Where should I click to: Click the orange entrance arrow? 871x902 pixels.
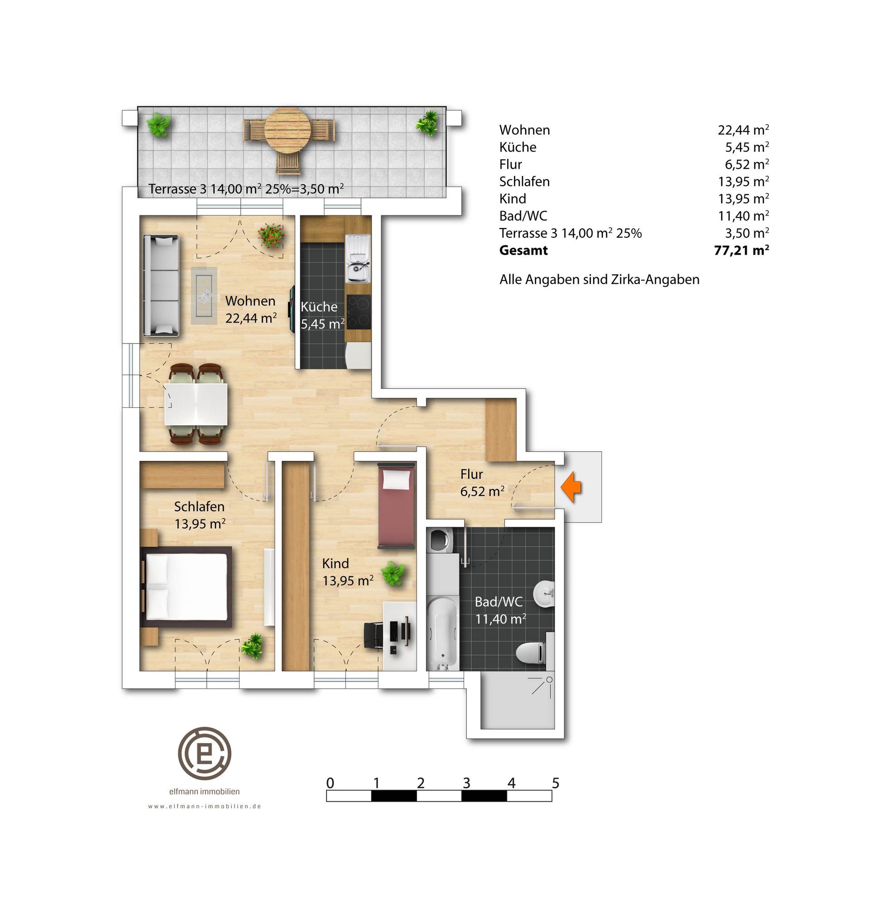click(x=571, y=486)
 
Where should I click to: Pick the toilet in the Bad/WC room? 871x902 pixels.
click(x=529, y=652)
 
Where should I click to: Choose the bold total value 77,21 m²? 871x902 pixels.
click(x=742, y=250)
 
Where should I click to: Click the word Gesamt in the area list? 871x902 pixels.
click(x=524, y=251)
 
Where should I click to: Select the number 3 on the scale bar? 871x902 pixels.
click(x=466, y=783)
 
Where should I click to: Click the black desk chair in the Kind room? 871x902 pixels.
click(x=374, y=636)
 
